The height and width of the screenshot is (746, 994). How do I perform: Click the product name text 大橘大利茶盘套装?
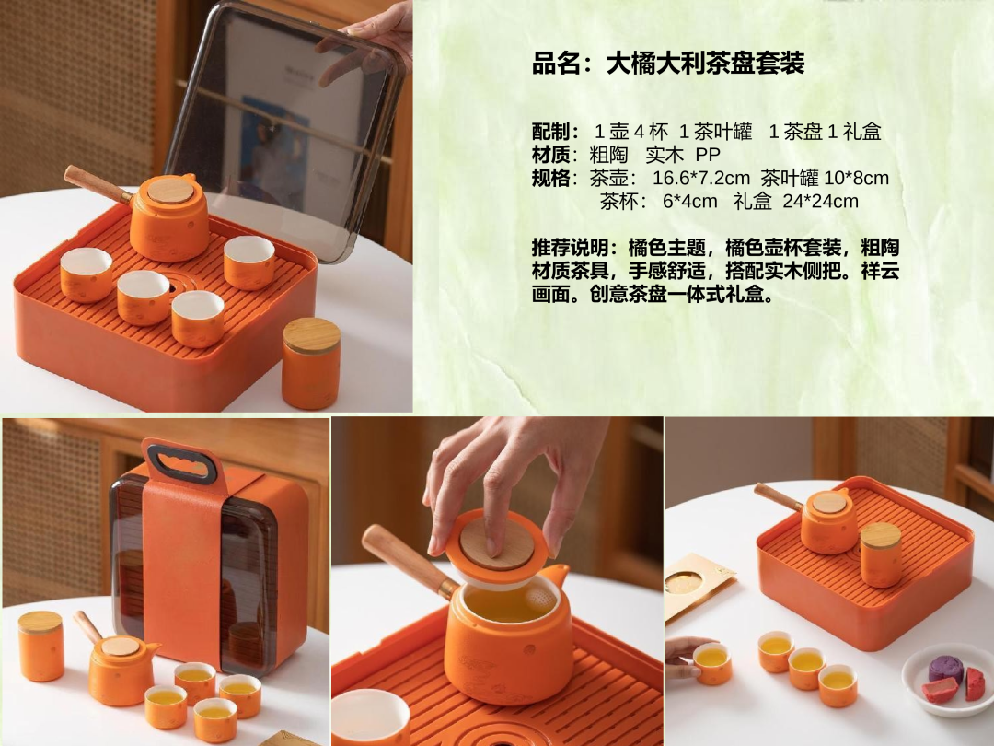(706, 64)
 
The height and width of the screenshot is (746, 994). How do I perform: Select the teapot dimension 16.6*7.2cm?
(701, 179)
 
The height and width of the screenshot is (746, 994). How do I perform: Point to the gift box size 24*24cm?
(820, 202)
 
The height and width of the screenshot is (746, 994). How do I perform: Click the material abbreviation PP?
(708, 156)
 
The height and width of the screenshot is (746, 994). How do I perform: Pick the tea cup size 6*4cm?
(689, 202)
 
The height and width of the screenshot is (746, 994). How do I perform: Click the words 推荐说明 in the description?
(571, 248)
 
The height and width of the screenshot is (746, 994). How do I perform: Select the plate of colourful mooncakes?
(947, 679)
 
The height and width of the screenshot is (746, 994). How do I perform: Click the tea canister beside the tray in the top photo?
(311, 363)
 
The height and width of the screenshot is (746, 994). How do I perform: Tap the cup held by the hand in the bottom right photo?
(711, 663)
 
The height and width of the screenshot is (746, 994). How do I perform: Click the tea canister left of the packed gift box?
(40, 646)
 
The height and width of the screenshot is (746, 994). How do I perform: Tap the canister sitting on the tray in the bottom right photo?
(881, 554)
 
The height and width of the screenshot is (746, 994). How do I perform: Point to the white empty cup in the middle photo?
(370, 717)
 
